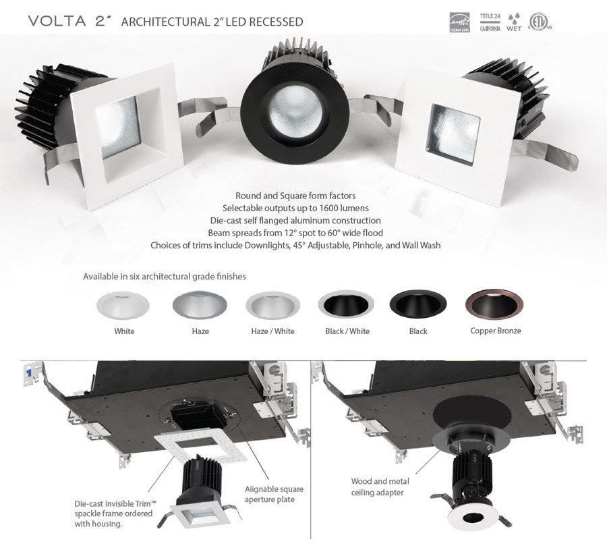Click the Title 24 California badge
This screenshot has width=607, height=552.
pyautogui.click(x=490, y=22)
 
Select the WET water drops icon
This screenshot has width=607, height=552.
pyautogui.click(x=514, y=21)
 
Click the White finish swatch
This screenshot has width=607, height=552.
pyautogui.click(x=124, y=304)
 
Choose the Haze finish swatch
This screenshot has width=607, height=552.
pyautogui.click(x=200, y=304)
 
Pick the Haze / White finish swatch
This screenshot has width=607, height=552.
pyautogui.click(x=272, y=304)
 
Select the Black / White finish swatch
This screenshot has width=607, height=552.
pyautogui.click(x=346, y=304)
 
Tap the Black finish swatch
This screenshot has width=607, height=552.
pyautogui.click(x=418, y=304)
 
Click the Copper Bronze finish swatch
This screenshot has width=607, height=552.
pyautogui.click(x=495, y=304)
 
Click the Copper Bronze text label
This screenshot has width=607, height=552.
pyautogui.click(x=495, y=331)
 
